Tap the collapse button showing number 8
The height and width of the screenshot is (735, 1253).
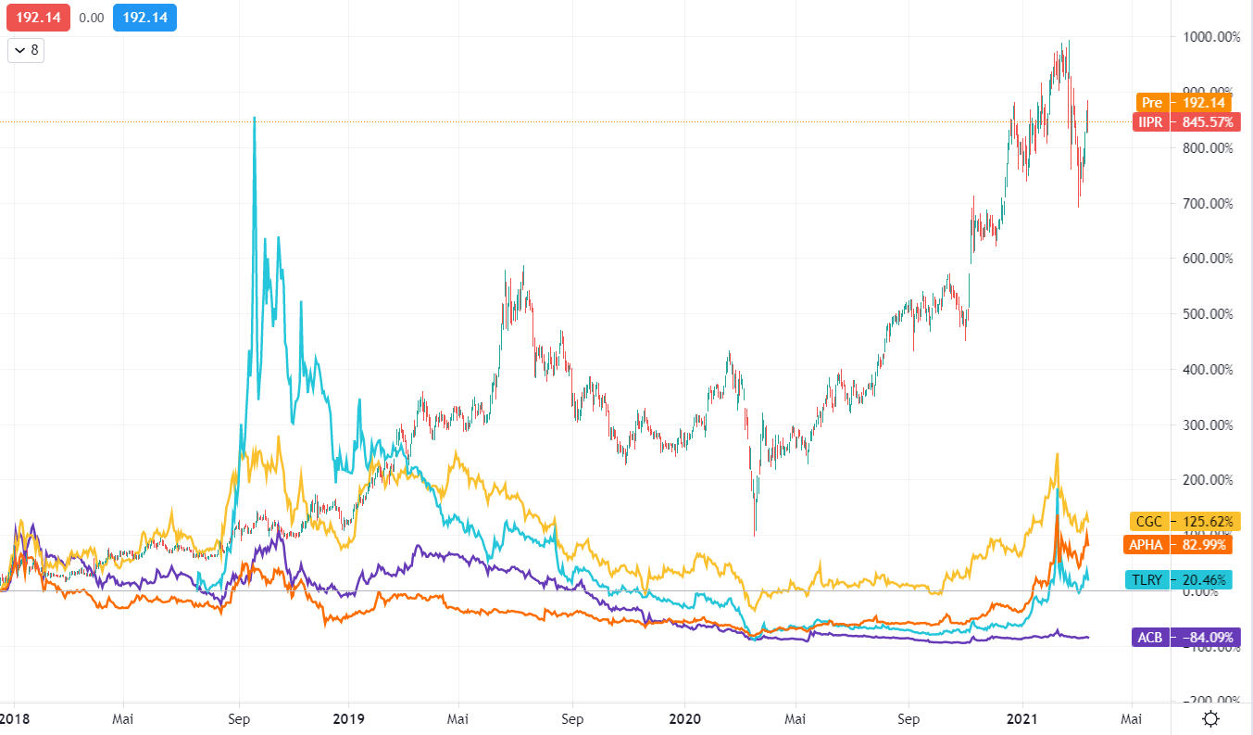tap(26, 50)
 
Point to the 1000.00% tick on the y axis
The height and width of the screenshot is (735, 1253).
tap(1209, 37)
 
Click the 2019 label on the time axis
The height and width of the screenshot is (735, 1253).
tap(348, 718)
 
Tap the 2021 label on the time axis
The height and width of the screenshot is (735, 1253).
tap(1021, 718)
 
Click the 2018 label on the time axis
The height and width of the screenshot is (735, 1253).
tap(15, 718)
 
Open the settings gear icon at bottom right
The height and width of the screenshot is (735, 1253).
tap(1210, 718)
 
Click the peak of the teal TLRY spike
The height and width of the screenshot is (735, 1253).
tap(255, 118)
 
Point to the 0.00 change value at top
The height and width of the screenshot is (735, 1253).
tap(92, 17)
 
